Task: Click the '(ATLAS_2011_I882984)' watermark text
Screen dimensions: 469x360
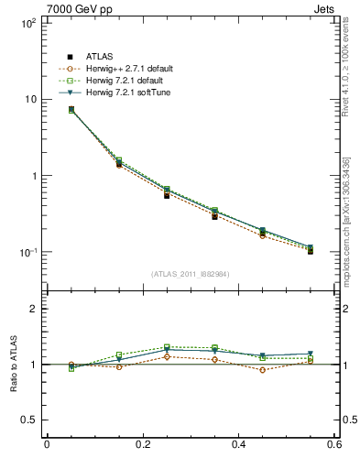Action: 190,274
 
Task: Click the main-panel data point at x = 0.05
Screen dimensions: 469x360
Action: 71,110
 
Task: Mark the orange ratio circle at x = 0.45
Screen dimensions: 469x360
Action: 263,370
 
